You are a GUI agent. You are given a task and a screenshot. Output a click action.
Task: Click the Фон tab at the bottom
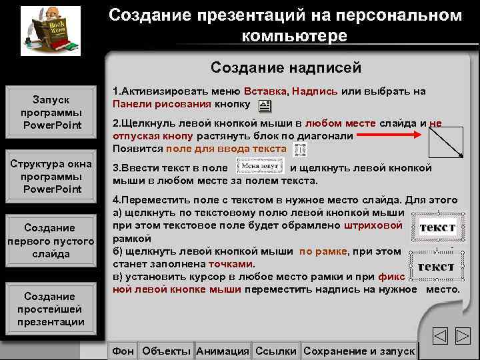click(123, 351)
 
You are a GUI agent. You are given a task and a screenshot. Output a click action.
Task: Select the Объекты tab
click(167, 351)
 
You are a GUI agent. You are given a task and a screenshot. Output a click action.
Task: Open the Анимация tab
click(223, 351)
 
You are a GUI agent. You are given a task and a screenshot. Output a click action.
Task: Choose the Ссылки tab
click(276, 351)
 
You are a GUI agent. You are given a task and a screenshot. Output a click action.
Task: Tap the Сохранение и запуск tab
click(359, 351)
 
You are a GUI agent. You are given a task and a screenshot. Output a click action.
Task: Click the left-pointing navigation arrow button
click(439, 337)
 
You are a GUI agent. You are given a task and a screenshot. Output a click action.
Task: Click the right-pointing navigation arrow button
click(463, 337)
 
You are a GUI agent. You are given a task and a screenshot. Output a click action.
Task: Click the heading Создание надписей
click(285, 67)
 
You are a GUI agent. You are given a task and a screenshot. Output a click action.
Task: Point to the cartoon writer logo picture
click(46, 30)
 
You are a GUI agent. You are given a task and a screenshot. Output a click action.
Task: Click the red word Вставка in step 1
click(265, 91)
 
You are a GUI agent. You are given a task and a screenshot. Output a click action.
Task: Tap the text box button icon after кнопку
click(264, 105)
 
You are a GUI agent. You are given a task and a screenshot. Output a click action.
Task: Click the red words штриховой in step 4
click(373, 226)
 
